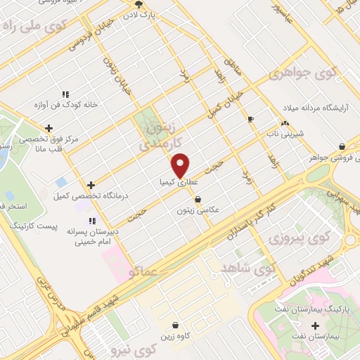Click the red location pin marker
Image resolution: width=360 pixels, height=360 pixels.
(x=181, y=165)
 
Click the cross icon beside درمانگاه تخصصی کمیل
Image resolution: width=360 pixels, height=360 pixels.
(x=91, y=184)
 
